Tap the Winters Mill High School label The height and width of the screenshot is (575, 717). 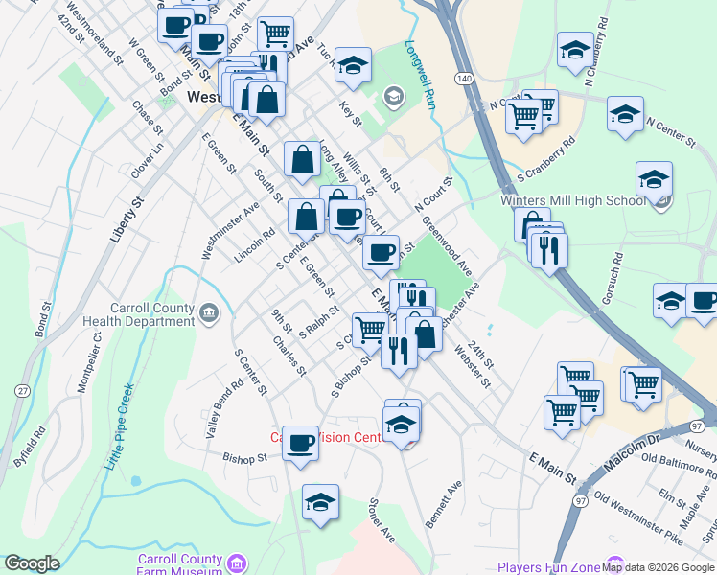[573, 200]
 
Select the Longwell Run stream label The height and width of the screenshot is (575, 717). [420, 73]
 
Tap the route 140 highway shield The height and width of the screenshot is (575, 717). [465, 77]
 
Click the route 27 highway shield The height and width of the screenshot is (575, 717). [20, 390]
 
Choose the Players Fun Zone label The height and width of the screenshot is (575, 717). [548, 567]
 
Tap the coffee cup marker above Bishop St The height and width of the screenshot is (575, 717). [300, 442]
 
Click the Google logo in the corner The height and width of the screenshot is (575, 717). [32, 563]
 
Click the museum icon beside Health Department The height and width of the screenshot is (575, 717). [209, 311]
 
